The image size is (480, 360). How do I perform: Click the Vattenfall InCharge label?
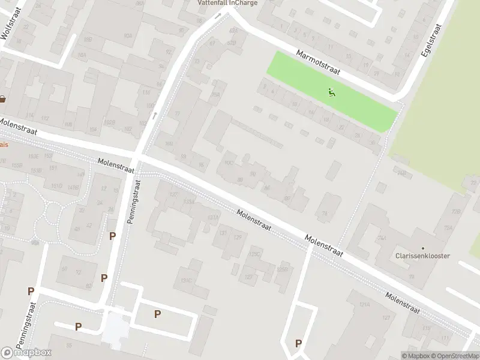pos(227,3)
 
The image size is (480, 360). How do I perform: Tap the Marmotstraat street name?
pos(318,62)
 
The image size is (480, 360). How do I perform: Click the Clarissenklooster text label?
pos(422,256)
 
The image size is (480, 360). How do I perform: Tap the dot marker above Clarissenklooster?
pos(422,248)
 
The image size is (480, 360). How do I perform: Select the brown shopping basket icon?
pos(3,99)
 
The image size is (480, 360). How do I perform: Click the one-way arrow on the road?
pos(155,115)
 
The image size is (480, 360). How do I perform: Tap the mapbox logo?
pos(25,353)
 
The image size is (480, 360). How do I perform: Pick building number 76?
pos(326,214)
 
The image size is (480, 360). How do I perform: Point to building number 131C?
pos(185,280)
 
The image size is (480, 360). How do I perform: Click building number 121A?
pos(362,305)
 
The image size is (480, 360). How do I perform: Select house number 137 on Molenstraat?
pos(175,195)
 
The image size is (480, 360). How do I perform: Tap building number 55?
pos(69,346)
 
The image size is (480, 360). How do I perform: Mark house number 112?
pos(44,118)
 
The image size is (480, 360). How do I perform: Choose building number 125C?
pos(254,254)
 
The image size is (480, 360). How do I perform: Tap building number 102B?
pos(109,122)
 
